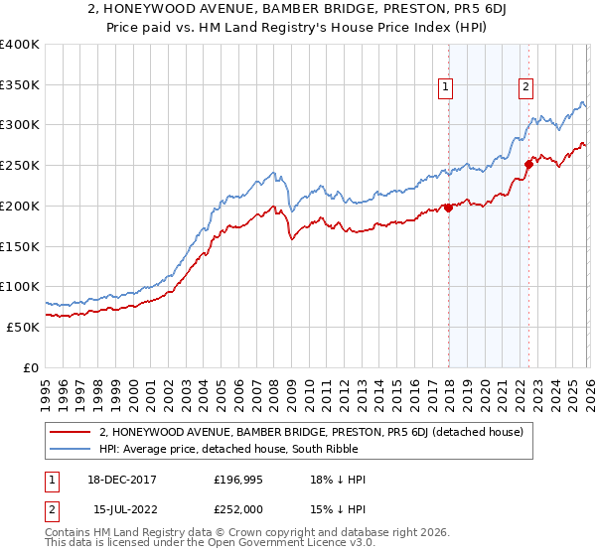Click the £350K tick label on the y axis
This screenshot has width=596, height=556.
pos(20,85)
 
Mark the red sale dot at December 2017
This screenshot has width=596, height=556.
pos(448,208)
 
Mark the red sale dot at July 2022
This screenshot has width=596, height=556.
pos(528,164)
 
